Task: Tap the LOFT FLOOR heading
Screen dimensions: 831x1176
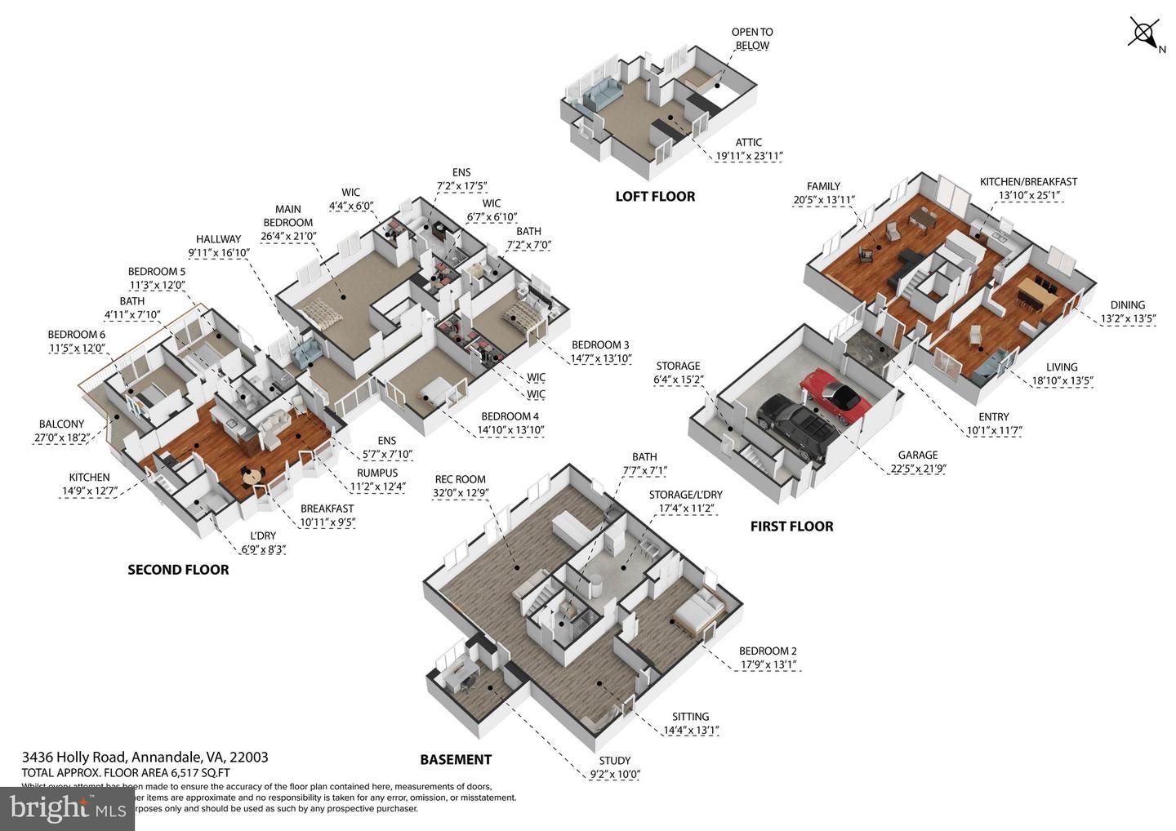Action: point(655,197)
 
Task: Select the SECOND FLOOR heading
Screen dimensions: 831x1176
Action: point(178,570)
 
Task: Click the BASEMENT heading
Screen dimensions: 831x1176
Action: point(456,760)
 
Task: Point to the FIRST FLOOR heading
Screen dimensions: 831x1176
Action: point(791,527)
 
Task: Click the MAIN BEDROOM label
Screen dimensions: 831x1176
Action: point(287,216)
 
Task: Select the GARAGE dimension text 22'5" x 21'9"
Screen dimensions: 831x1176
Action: point(918,469)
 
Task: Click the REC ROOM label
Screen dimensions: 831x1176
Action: point(460,479)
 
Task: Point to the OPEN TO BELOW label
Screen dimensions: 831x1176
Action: point(751,38)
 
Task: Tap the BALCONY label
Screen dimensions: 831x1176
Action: point(61,424)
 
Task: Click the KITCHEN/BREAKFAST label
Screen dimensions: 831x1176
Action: point(1028,182)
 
